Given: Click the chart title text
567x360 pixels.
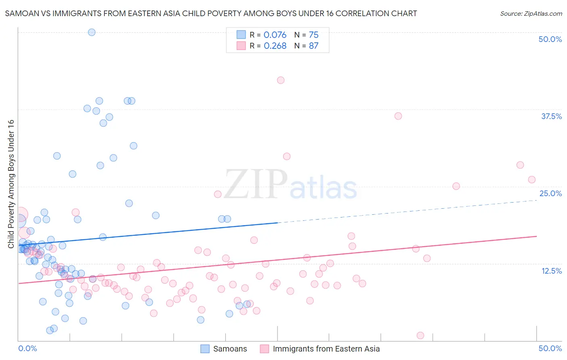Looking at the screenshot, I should [211, 13].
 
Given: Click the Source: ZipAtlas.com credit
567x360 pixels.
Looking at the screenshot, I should [531, 13].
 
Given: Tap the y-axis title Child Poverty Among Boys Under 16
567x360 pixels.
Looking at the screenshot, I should [11, 184].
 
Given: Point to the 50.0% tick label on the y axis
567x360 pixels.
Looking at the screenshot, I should [550, 39].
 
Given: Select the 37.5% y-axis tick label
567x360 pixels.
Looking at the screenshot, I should [551, 116].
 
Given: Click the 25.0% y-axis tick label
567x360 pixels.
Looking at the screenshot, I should [550, 193].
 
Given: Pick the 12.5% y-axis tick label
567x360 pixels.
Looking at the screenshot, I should [551, 271].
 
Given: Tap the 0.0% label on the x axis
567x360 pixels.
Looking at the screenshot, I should [27, 348].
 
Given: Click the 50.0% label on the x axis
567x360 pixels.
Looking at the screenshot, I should [550, 348].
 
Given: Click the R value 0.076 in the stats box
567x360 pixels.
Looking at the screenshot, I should [275, 35].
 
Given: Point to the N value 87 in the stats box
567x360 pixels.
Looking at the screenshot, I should [313, 46].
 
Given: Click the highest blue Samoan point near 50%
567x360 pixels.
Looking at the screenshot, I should [92, 32].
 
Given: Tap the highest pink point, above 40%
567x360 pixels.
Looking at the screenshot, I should [281, 80].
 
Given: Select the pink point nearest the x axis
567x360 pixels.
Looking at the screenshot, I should [420, 335].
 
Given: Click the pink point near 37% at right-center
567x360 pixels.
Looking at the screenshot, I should [398, 116].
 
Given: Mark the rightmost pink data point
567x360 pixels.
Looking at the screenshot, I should [532, 180].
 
